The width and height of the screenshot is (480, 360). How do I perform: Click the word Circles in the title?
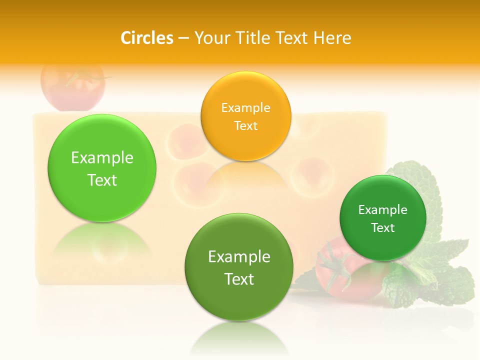pyautogui.click(x=146, y=38)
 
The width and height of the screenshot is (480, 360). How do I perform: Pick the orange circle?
pyautogui.click(x=245, y=116)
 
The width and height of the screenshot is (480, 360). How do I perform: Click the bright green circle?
pyautogui.click(x=102, y=168)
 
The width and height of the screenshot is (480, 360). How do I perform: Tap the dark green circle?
pyautogui.click(x=383, y=218)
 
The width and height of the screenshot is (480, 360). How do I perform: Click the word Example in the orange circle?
pyautogui.click(x=245, y=107)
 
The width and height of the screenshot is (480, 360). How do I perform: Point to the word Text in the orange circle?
pyautogui.click(x=245, y=125)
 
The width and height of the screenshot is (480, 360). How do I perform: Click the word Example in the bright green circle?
pyautogui.click(x=102, y=157)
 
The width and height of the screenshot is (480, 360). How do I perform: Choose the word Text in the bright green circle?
pyautogui.click(x=102, y=180)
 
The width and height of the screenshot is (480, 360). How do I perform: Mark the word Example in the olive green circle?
pyautogui.click(x=239, y=256)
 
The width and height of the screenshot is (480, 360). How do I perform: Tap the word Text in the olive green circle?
pyautogui.click(x=239, y=279)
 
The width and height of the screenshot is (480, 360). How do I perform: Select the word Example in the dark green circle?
pyautogui.click(x=383, y=209)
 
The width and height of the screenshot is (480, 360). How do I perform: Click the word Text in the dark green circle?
pyautogui.click(x=383, y=227)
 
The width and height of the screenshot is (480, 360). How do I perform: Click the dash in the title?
pyautogui.click(x=183, y=38)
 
